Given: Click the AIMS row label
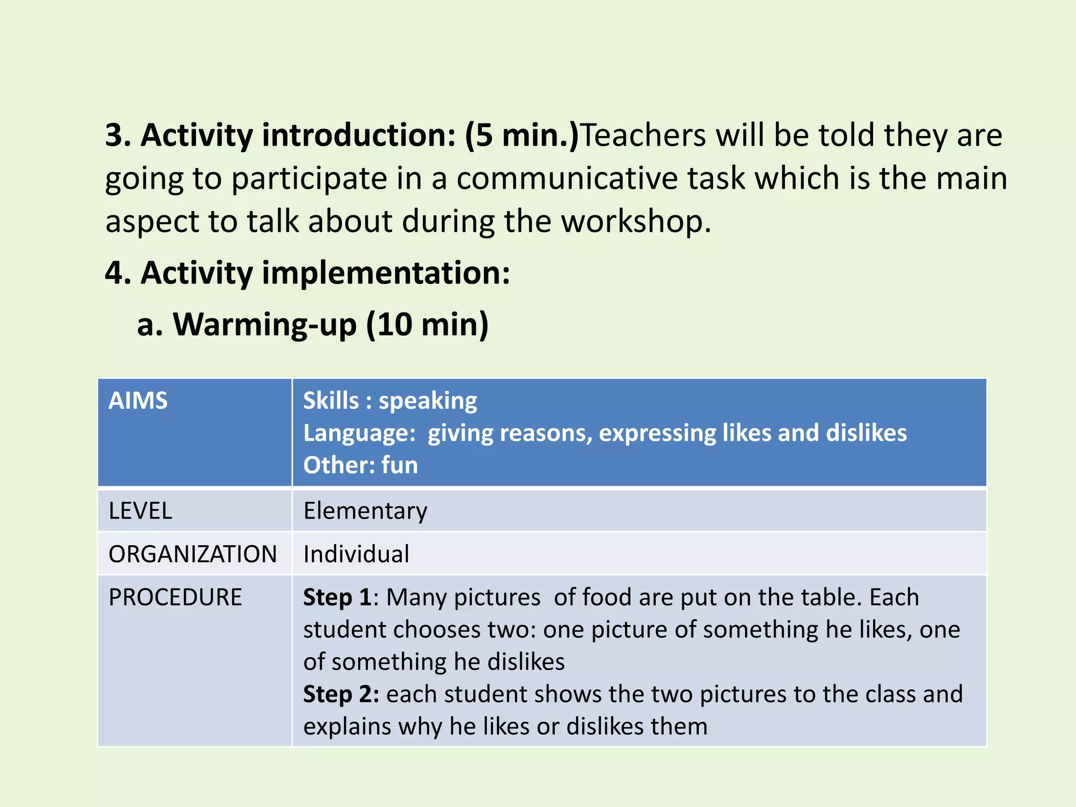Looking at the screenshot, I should point(138,401).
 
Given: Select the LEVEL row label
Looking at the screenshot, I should point(140,511).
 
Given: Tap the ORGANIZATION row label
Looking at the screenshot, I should point(192,554).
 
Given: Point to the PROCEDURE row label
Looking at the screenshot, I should point(175,597).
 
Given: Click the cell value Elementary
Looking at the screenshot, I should point(365,511).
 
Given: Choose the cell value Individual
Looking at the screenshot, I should point(356,554).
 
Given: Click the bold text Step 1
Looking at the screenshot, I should point(337,597).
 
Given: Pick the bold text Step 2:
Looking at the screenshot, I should point(341,694).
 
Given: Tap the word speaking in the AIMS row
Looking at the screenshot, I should point(428,401).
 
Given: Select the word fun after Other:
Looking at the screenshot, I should point(399,465).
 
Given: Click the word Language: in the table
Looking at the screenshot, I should point(359,433).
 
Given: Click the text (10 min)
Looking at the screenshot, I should point(427,324).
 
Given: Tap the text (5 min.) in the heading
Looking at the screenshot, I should point(521,136).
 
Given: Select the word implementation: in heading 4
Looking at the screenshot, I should point(386,273).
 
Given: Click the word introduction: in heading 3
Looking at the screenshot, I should point(359,136).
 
